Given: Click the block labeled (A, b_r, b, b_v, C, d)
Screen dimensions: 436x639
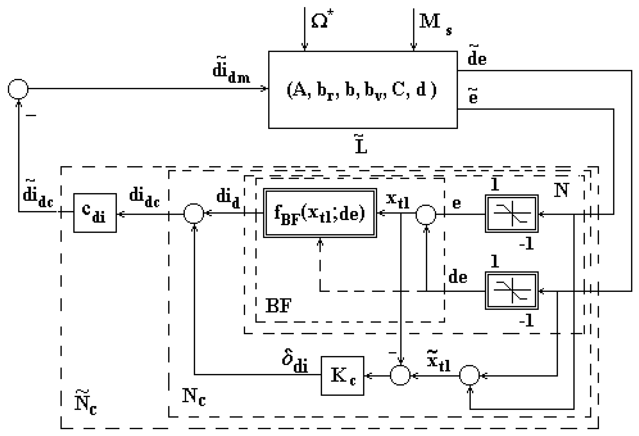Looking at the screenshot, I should click(x=363, y=90).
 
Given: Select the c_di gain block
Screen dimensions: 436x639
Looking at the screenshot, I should click(x=95, y=213).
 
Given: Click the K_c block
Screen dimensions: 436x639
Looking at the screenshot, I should click(x=342, y=376).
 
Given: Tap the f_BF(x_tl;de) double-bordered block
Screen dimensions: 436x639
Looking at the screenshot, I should click(x=320, y=213).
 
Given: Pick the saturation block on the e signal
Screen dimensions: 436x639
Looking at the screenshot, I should click(x=511, y=214).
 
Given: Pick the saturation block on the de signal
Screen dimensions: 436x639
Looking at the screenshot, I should click(x=511, y=291).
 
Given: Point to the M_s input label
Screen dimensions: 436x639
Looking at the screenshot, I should click(x=434, y=23).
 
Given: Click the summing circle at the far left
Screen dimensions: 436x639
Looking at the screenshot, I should click(x=18, y=89).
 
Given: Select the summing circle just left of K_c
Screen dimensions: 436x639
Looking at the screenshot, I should click(x=400, y=375).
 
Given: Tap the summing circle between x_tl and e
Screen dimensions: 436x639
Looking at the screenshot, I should click(x=426, y=215).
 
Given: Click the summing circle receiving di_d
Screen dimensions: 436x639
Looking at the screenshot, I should click(x=194, y=213).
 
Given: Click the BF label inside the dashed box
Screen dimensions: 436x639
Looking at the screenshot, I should click(x=278, y=306).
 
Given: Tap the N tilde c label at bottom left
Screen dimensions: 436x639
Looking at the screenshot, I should click(x=85, y=403).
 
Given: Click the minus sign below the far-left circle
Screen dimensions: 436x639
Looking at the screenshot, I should click(x=31, y=116).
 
